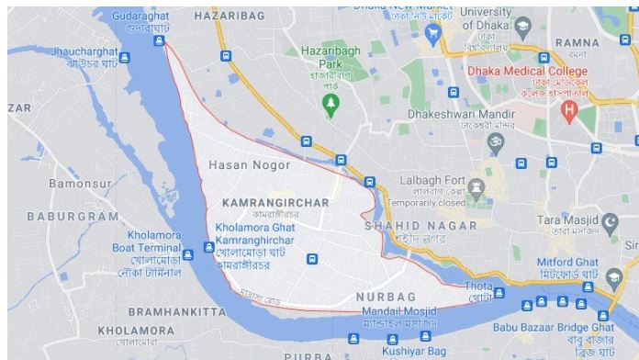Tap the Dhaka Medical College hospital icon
pyautogui.click(x=569, y=111)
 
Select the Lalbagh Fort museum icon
pyautogui.click(x=476, y=187)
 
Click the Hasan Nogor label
pyautogui.click(x=250, y=165)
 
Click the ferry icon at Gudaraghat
pyautogui.click(x=162, y=39)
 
